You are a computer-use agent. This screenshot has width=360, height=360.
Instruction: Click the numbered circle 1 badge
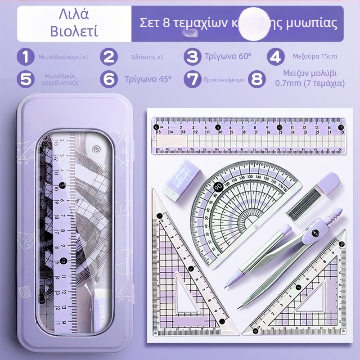tap(26, 57)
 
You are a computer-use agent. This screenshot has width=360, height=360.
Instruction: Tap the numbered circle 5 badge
tap(26, 79)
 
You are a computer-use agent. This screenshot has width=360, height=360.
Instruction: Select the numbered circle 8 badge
tap(257, 79)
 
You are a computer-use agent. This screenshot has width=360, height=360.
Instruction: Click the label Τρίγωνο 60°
tap(228, 57)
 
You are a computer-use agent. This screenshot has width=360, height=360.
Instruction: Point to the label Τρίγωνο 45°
tap(148, 79)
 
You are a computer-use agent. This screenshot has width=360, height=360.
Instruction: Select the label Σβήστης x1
tap(148, 57)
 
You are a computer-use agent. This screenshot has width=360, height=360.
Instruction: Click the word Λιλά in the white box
tap(74, 14)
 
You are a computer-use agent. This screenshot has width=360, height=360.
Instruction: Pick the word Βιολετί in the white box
tap(74, 31)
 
